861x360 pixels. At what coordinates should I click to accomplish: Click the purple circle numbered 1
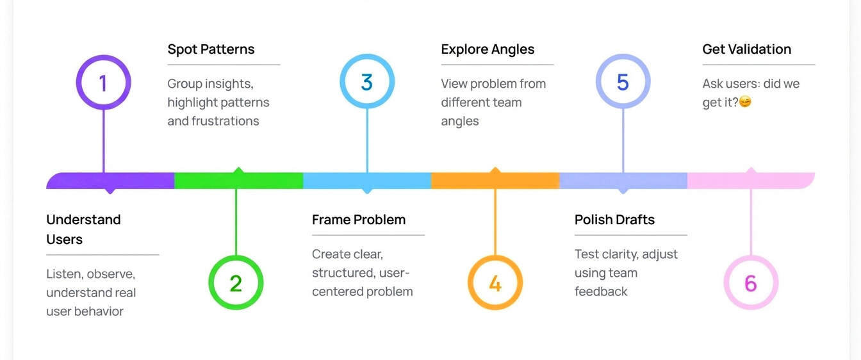click(x=103, y=82)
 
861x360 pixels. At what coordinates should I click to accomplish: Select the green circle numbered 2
click(x=236, y=282)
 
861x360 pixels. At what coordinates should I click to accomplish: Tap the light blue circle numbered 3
click(x=366, y=82)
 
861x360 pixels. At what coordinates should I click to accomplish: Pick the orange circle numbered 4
click(x=495, y=282)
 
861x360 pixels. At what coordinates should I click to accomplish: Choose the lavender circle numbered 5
click(x=623, y=82)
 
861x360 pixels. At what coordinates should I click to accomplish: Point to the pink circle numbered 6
click(x=751, y=282)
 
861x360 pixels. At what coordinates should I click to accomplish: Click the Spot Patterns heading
click(x=211, y=49)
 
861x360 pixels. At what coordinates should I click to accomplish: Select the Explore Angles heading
click(x=488, y=49)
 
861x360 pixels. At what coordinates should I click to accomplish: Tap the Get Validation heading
click(x=746, y=49)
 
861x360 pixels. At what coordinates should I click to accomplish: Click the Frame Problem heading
click(x=359, y=220)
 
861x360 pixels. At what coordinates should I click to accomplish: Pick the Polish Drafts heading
click(x=614, y=220)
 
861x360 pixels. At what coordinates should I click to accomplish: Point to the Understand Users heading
click(x=83, y=229)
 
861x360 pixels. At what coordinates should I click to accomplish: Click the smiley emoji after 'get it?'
click(x=745, y=102)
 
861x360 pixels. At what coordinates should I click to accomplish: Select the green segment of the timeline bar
click(x=238, y=181)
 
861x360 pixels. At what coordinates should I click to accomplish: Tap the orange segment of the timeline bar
click(x=495, y=181)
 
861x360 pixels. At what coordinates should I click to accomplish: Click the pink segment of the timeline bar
click(x=751, y=181)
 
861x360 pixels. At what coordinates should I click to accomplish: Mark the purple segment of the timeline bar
click(x=110, y=181)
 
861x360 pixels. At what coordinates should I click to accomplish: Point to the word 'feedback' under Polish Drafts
click(x=601, y=291)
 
